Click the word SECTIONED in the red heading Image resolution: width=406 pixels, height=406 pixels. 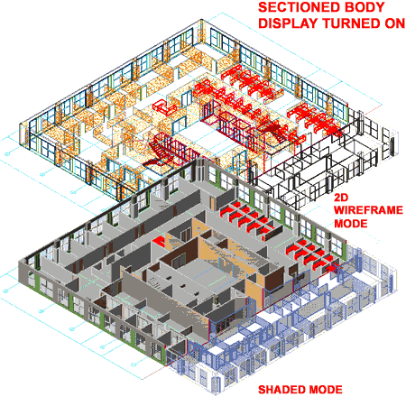(x=295, y=7)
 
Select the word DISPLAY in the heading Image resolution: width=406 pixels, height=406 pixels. (x=288, y=23)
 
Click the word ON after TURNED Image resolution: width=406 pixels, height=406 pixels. (x=395, y=23)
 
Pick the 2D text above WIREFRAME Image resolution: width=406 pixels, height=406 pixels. (x=341, y=198)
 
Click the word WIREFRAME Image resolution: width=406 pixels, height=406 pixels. (x=368, y=210)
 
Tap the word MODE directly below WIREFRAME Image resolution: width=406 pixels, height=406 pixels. (x=351, y=224)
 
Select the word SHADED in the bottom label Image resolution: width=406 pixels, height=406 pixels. (x=281, y=390)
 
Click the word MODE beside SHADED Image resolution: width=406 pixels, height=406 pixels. (x=326, y=390)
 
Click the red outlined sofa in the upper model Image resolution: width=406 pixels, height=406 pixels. (x=164, y=106)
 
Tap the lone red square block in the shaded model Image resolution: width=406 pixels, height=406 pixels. (x=160, y=242)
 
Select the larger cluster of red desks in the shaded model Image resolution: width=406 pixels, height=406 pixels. (x=246, y=219)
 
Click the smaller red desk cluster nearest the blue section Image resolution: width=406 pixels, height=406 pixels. (x=313, y=255)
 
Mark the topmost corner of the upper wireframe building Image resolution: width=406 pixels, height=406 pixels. (x=202, y=20)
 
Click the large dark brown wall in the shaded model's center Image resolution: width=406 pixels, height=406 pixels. (x=178, y=254)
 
